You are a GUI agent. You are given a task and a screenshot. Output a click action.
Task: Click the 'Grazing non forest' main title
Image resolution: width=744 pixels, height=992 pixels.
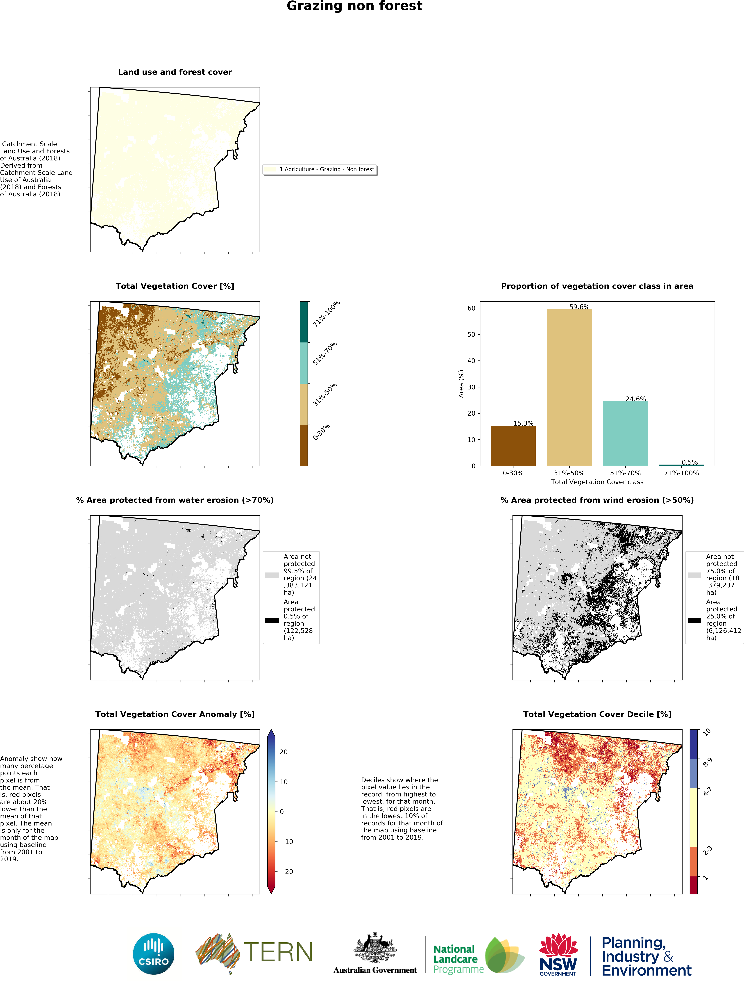(x=354, y=6)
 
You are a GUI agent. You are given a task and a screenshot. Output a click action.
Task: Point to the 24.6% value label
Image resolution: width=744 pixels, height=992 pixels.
(x=635, y=399)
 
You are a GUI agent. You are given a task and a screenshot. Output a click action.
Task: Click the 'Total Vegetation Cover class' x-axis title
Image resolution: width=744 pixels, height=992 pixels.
(x=597, y=482)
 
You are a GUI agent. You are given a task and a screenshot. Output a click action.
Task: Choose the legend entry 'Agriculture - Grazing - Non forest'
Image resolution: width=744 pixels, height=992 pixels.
(x=326, y=169)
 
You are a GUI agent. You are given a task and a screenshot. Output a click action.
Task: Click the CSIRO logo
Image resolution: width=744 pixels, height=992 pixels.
(x=154, y=954)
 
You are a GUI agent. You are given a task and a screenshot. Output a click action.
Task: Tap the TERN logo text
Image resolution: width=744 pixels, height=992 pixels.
(x=278, y=952)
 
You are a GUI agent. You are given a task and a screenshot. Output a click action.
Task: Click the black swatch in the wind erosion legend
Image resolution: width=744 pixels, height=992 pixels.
(x=694, y=621)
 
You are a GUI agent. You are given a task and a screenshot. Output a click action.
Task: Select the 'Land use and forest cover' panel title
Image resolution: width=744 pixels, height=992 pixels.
(x=175, y=72)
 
